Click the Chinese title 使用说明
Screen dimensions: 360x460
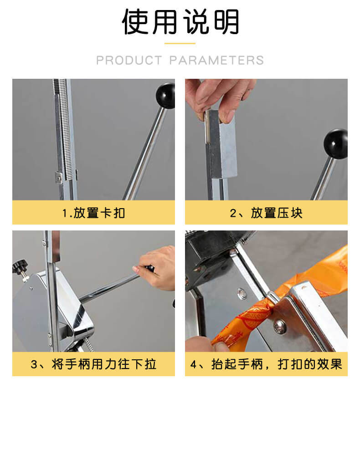tap(180, 22)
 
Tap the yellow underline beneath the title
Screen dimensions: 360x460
tap(180, 43)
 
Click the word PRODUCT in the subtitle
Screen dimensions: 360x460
tap(129, 61)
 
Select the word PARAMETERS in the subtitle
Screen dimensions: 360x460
tap(217, 61)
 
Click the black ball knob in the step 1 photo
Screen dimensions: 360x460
tap(166, 96)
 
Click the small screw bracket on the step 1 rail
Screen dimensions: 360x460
tap(59, 178)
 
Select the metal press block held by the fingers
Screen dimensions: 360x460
tap(221, 144)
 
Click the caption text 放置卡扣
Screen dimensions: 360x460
tap(99, 213)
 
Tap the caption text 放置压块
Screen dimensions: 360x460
tap(276, 213)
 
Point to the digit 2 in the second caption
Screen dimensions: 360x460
tap(233, 213)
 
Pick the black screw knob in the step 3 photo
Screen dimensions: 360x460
tap(20, 267)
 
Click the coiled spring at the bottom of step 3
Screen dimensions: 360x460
tap(90, 344)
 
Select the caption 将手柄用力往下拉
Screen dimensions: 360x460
tap(104, 364)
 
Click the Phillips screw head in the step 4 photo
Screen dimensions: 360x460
tap(279, 327)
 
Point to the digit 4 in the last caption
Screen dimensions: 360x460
tap(194, 365)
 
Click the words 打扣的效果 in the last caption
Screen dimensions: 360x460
tap(310, 364)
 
